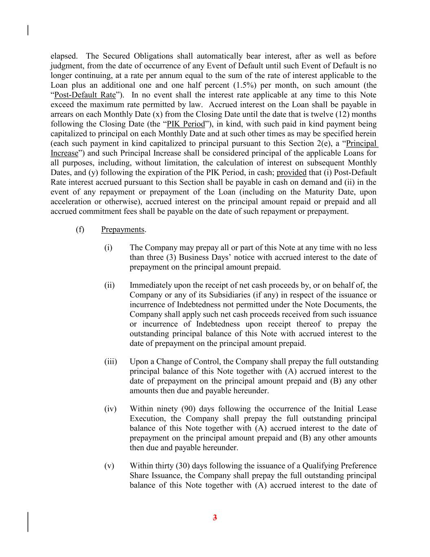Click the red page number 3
215,518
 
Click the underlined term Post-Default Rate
85,95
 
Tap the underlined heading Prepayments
123,229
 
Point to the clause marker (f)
80,229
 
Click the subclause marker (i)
108,248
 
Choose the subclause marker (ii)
109,285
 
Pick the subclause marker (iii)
110,362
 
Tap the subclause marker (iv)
110,409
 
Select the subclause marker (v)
109,466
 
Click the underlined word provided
291,173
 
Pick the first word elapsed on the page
64,56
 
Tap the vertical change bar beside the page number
28,522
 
